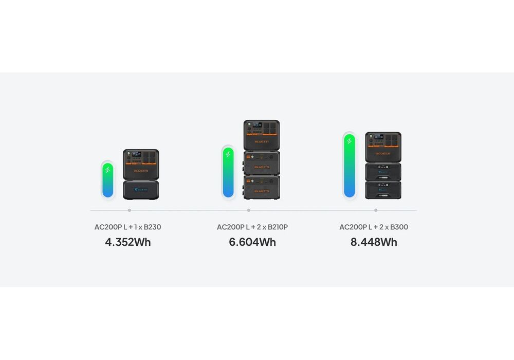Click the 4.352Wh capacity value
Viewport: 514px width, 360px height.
tap(128, 242)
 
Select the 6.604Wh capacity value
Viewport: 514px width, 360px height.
tap(252, 242)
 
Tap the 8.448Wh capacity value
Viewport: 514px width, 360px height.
tap(374, 242)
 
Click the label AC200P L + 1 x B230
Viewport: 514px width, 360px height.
tap(127, 227)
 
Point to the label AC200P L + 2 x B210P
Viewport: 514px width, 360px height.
tap(252, 227)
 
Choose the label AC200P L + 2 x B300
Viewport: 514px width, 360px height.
tap(374, 227)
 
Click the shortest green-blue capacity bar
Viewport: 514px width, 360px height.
tap(108, 181)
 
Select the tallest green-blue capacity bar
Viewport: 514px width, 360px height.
tap(350, 166)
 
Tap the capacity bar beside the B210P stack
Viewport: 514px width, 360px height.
tap(228, 172)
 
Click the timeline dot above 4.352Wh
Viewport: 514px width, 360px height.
tap(130, 210)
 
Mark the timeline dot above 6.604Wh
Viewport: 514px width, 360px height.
tap(249, 210)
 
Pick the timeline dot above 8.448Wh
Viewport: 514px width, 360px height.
tap(376, 210)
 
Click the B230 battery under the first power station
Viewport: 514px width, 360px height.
tap(141, 190)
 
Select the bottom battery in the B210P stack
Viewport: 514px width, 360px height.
tap(261, 188)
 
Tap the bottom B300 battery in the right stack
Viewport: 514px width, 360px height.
tap(383, 190)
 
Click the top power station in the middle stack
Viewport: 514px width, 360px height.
tap(262, 135)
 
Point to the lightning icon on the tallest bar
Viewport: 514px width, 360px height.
tap(350, 141)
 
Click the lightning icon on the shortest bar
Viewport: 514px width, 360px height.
tap(107, 170)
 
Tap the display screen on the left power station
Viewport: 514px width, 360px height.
tap(136, 154)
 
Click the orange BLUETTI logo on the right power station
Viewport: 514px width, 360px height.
tap(383, 153)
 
